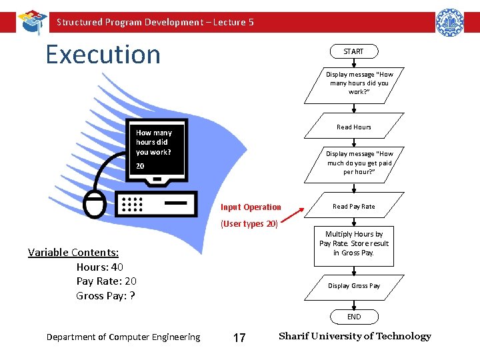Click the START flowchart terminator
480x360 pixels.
click(x=353, y=51)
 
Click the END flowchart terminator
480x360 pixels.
click(x=354, y=317)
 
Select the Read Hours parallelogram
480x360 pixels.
click(x=353, y=127)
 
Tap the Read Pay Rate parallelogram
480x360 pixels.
click(x=353, y=206)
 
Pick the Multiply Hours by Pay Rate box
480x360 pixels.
click(x=354, y=243)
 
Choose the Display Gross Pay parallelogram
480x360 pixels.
click(x=353, y=285)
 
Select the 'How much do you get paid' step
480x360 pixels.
click(x=359, y=163)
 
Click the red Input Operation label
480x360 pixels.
click(x=251, y=207)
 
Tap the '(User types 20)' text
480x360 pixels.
click(x=249, y=224)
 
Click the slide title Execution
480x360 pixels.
click(x=103, y=54)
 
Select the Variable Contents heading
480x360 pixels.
click(x=73, y=252)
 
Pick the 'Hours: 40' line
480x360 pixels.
click(x=100, y=267)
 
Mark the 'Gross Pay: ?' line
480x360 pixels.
click(x=105, y=295)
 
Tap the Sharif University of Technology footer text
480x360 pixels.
click(x=355, y=336)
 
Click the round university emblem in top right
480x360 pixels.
click(x=449, y=23)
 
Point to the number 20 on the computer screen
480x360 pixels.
click(x=141, y=165)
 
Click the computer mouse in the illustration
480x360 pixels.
click(x=95, y=204)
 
